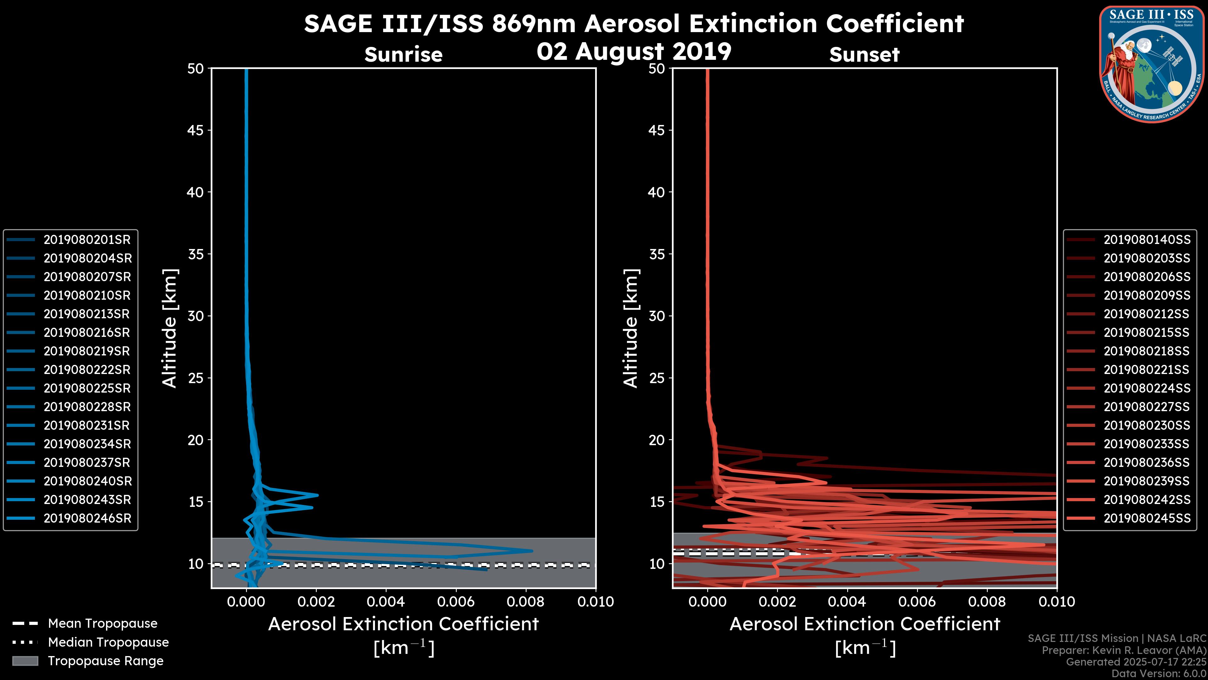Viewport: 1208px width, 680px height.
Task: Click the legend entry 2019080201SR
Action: (x=87, y=240)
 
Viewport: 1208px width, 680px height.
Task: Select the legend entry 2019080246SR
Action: (x=87, y=518)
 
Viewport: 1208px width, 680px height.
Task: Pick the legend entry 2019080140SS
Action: (x=1147, y=240)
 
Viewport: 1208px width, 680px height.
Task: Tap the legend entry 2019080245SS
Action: (x=1147, y=518)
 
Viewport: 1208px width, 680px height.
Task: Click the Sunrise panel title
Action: (x=403, y=55)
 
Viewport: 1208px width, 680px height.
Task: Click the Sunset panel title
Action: (x=864, y=55)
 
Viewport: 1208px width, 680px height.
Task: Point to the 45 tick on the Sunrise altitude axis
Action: (x=196, y=130)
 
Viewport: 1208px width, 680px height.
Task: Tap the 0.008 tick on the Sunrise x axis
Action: (x=526, y=602)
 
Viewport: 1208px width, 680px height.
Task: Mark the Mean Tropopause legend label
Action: (x=103, y=624)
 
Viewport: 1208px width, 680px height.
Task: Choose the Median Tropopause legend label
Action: (x=108, y=643)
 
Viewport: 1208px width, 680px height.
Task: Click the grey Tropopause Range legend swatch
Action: (x=25, y=661)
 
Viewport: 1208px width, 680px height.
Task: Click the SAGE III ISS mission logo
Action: (x=1152, y=64)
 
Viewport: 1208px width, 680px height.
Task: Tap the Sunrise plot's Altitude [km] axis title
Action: (x=169, y=328)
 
